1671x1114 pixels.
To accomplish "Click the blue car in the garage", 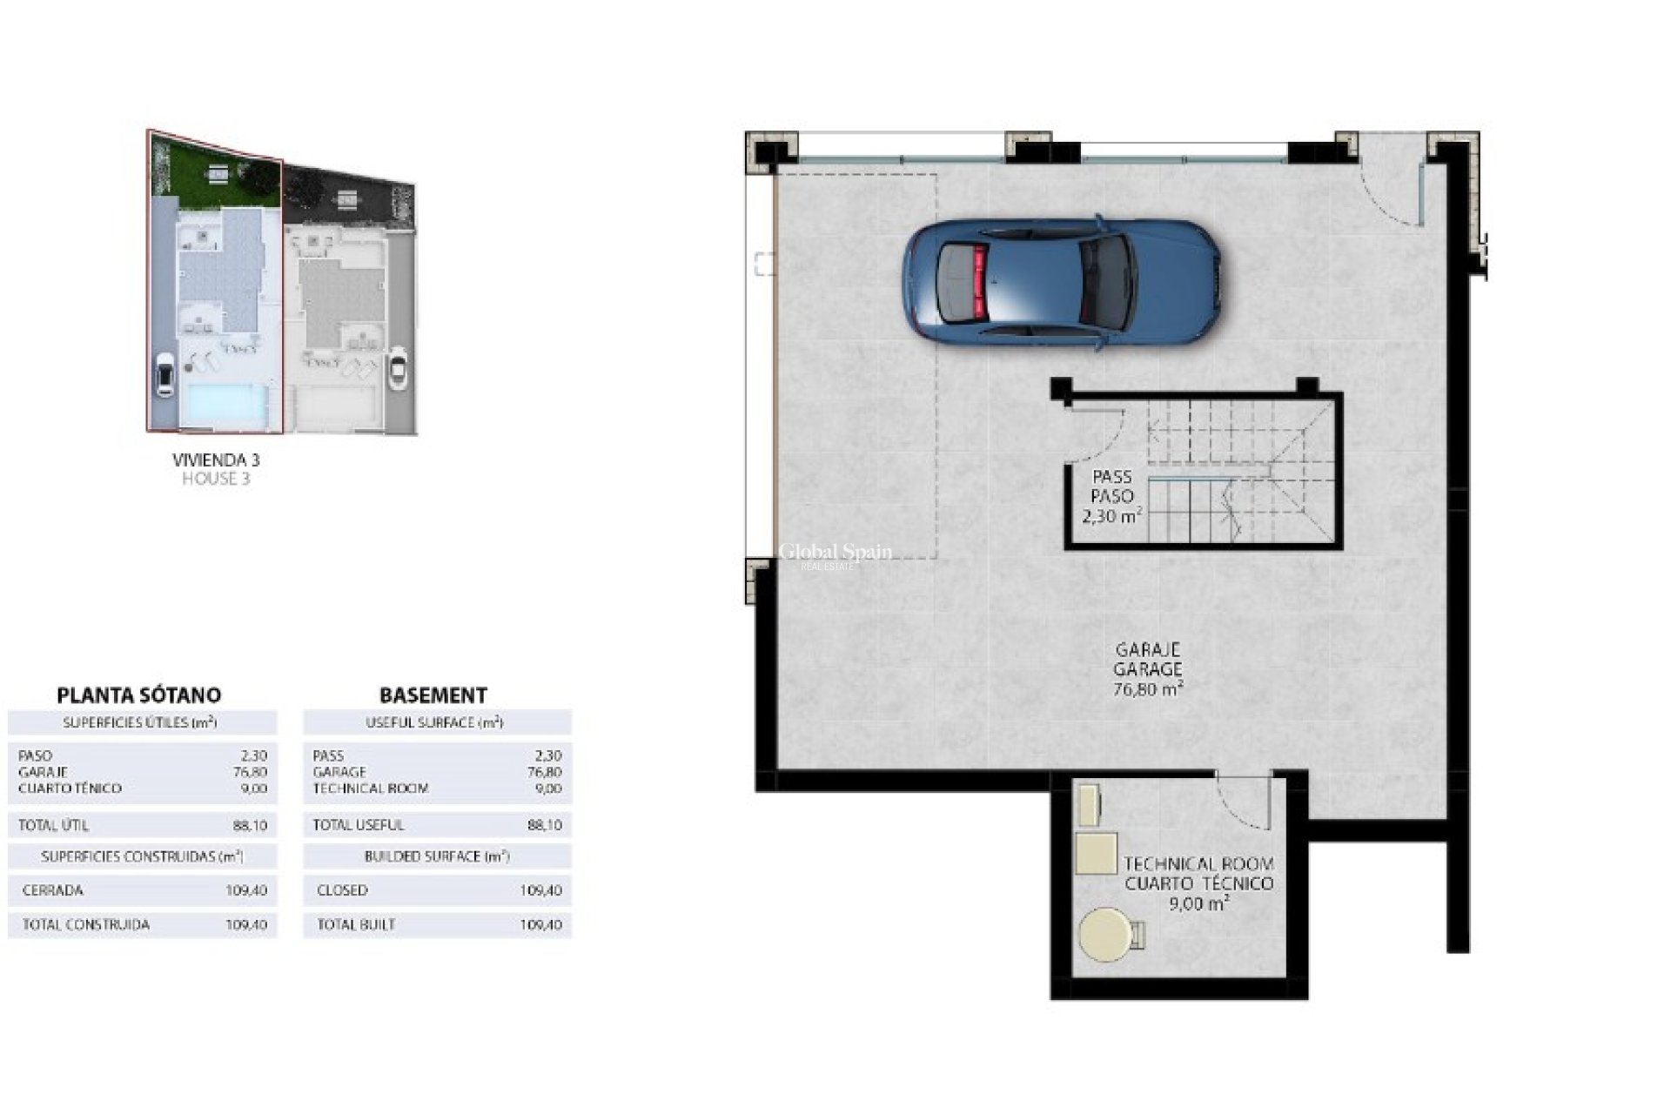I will click(x=1061, y=282).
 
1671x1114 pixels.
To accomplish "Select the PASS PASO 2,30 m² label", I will click(x=1111, y=496).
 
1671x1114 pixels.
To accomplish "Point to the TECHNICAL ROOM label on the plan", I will click(x=1198, y=864).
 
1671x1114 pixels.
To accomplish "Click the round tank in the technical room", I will click(x=1104, y=935).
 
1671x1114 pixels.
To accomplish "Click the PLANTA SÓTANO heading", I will click(x=138, y=695).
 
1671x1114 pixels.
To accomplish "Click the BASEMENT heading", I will click(x=433, y=695).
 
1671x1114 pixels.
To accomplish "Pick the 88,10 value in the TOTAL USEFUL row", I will click(x=544, y=825).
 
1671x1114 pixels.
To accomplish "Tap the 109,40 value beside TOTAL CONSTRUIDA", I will click(x=246, y=924).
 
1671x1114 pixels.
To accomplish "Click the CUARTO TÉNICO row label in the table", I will click(x=70, y=789).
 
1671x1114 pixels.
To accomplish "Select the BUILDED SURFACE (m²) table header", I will click(x=436, y=856).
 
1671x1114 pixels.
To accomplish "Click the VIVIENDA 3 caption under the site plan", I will click(x=216, y=460).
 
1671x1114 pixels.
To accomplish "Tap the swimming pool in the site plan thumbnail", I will click(x=224, y=405).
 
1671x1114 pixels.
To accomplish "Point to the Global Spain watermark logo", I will click(x=834, y=554).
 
